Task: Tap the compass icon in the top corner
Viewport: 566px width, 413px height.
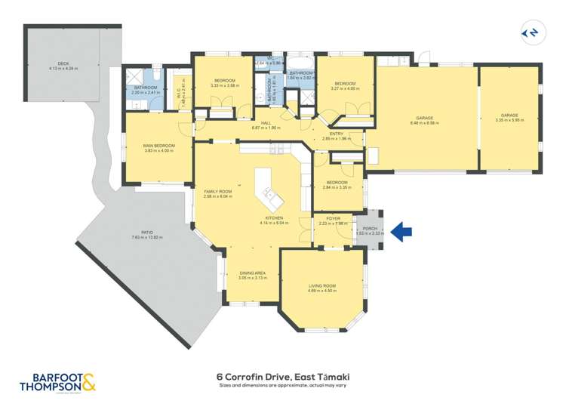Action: point(531,32)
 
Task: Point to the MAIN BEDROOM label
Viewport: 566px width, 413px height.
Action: point(159,146)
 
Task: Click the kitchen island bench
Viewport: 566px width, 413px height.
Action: point(268,191)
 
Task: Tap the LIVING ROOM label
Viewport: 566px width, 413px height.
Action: point(322,286)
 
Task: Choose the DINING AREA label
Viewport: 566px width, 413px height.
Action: point(251,274)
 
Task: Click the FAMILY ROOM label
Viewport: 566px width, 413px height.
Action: point(217,192)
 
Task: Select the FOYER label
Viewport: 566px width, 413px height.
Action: point(333,218)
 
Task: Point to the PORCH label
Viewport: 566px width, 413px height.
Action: point(370,229)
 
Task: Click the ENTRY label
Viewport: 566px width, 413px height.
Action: point(336,134)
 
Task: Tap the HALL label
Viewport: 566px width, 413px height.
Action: point(266,123)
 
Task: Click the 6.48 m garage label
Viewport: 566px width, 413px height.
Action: point(426,118)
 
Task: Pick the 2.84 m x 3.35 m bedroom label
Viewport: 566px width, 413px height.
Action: point(337,183)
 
